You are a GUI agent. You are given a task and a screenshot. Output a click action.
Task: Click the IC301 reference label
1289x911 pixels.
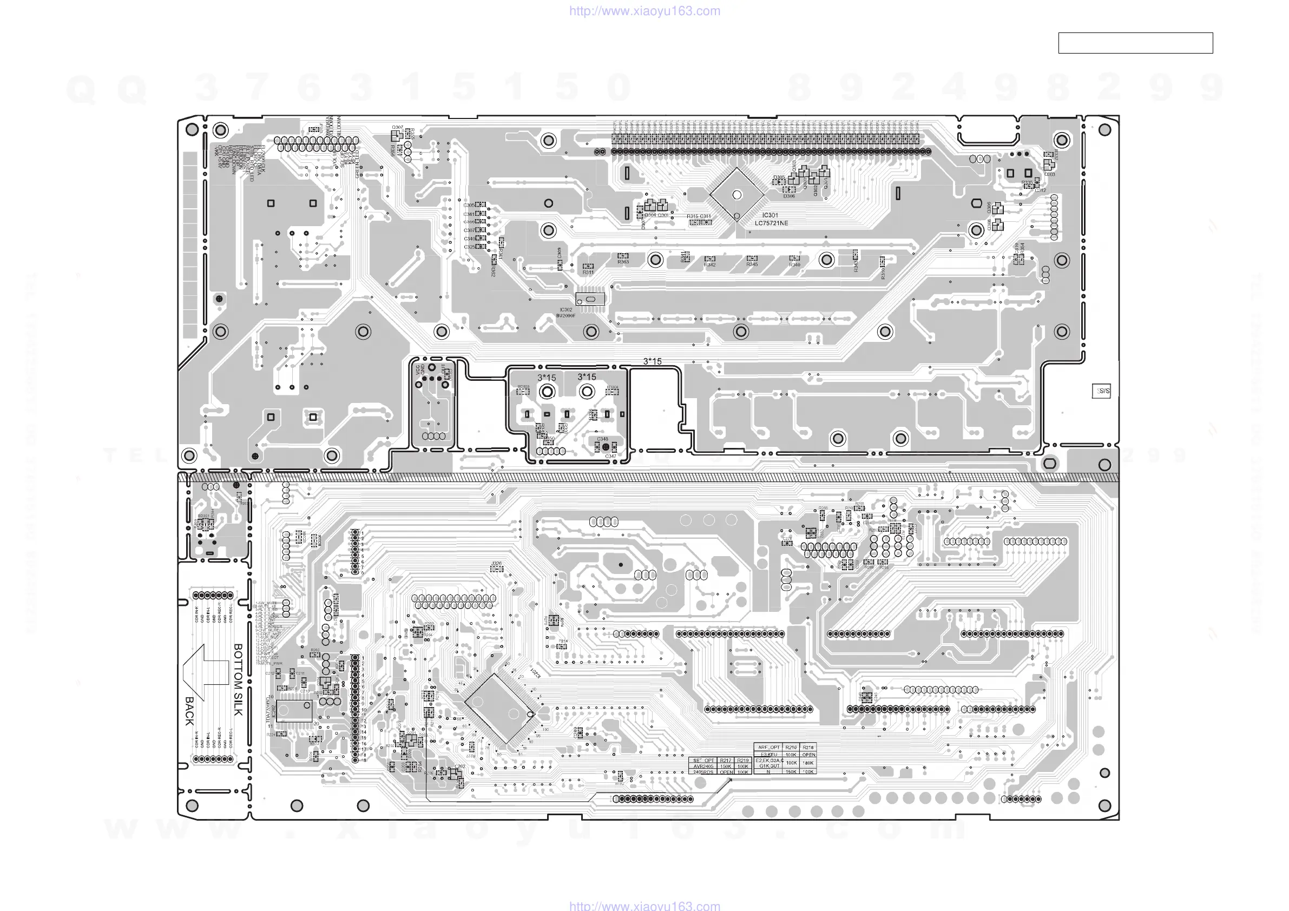pos(770,215)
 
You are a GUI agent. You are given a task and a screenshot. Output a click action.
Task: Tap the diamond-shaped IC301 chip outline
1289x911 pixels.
pos(736,195)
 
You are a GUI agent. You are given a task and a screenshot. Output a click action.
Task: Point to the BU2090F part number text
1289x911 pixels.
pos(565,316)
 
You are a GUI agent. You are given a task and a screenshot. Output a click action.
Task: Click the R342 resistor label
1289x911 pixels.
pos(709,265)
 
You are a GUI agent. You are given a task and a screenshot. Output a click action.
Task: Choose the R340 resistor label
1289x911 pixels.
pos(794,265)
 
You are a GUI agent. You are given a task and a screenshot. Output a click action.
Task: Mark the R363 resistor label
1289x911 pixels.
pos(623,262)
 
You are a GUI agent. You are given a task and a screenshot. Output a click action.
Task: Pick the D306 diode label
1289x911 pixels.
pos(789,196)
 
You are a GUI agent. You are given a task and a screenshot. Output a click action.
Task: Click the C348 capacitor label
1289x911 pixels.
pos(602,439)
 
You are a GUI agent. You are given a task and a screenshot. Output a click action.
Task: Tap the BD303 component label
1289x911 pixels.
pos(523,387)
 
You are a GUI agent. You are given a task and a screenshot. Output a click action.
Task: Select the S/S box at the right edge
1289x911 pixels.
pos(1101,391)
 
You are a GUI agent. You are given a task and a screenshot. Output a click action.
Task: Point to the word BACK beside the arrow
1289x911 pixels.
pos(189,711)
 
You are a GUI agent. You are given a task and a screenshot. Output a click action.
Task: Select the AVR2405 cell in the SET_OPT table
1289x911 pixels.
pos(703,766)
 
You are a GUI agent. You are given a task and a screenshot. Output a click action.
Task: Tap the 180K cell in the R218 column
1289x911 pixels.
pos(808,763)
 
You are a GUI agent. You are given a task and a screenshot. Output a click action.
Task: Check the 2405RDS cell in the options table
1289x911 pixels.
pos(703,773)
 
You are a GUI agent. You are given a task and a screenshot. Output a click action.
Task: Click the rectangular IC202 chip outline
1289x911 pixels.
pos(294,711)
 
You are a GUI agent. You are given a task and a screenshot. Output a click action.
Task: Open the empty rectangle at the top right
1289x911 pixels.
pos(1135,43)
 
